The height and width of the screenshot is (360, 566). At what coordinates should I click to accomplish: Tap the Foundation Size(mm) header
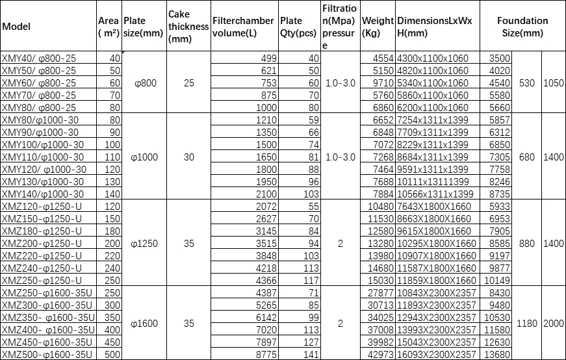522,27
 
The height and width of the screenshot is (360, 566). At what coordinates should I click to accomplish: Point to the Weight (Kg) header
378,27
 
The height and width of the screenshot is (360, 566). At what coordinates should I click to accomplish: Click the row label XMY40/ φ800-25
39,58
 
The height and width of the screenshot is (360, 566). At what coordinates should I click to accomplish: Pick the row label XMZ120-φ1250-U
42,206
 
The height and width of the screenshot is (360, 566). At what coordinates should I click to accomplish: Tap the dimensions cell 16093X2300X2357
437,354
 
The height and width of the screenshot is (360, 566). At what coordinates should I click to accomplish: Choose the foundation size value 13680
498,354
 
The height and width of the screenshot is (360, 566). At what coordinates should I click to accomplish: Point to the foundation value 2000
554,323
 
